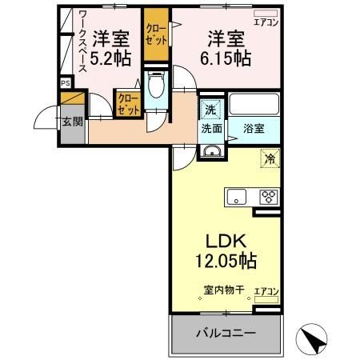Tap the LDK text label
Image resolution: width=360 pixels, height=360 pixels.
pos(224,242)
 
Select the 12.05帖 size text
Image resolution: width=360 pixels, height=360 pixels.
pos(224,261)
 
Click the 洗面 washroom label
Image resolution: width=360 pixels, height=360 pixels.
pos(211,128)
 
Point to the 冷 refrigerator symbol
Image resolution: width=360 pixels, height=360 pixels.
pos(270,159)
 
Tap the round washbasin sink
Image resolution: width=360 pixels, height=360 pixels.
pos(211,154)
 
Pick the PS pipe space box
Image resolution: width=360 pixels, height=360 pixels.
pos(65,82)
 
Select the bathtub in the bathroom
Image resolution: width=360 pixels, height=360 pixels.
pos(254,105)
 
